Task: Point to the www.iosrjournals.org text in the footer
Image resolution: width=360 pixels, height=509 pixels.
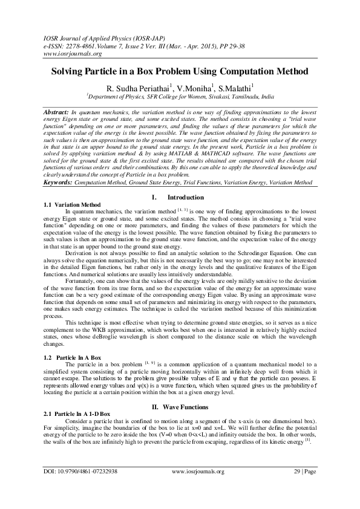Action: click(x=198, y=488)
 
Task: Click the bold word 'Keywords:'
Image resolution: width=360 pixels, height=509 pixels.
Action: click(x=59, y=166)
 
